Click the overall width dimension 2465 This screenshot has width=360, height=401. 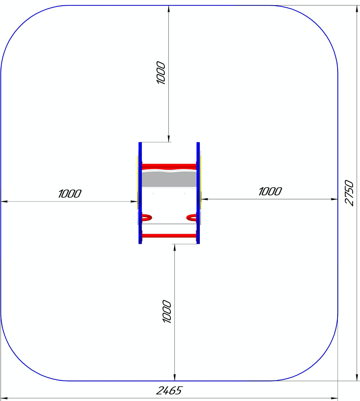click(169, 391)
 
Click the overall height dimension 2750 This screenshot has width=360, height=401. click(349, 193)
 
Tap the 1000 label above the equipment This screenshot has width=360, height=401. click(160, 73)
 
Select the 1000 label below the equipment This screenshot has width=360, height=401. click(167, 311)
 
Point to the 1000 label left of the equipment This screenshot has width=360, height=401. click(70, 194)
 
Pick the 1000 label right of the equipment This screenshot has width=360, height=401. click(270, 191)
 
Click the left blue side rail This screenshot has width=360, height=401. click(140, 193)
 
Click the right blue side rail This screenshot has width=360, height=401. click(198, 193)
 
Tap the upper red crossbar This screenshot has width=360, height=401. click(169, 166)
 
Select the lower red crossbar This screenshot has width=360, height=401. click(169, 236)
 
